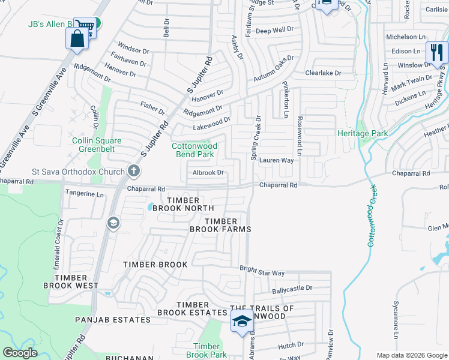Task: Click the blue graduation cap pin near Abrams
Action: (242, 322)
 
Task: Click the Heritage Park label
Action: (363, 133)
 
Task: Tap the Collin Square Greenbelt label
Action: (97, 145)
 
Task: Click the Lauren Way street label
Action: (276, 161)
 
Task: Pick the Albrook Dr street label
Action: (208, 173)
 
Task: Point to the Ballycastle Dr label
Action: (292, 289)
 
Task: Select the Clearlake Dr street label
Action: (323, 73)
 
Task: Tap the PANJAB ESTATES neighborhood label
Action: (113, 320)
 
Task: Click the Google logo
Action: (20, 353)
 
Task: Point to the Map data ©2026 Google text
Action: (411, 355)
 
